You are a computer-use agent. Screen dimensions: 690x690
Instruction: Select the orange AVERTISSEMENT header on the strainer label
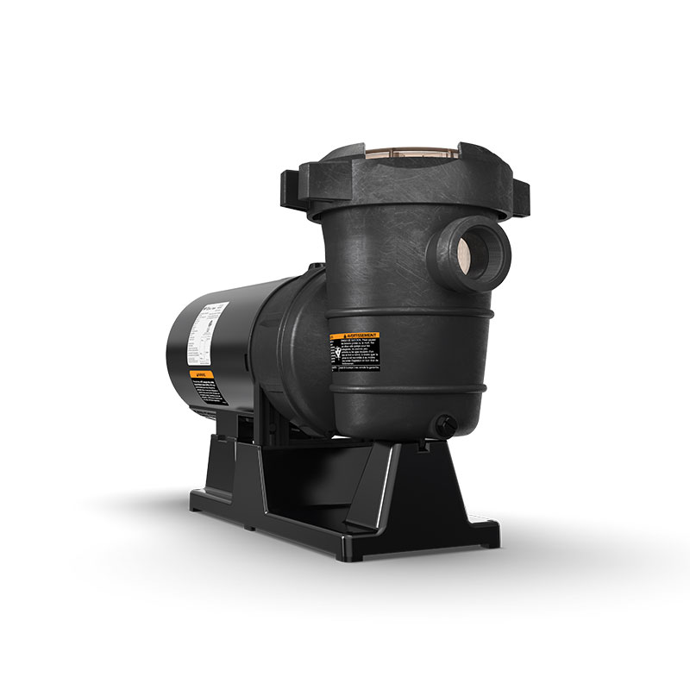coord(359,335)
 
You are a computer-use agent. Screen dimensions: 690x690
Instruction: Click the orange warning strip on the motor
coord(204,374)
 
